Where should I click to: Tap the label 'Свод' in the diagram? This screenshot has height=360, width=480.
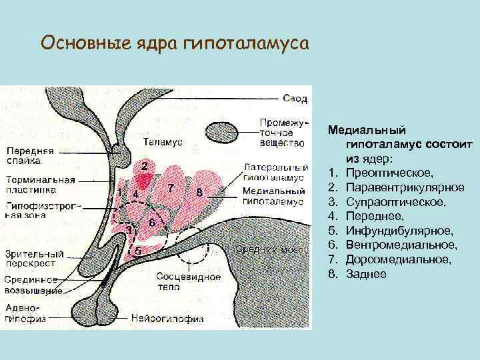coord(295,99)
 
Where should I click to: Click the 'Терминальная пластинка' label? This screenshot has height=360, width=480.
coord(40,185)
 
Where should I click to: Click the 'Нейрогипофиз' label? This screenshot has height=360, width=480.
coord(167,318)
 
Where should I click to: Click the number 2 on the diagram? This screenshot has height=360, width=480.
coord(145,164)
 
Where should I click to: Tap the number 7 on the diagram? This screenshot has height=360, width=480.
coord(172,187)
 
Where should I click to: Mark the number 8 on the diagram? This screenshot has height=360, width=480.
coord(199,193)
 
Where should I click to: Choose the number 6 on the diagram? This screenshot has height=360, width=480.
coord(152,221)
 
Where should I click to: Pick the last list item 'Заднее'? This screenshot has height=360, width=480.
coord(366,274)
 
